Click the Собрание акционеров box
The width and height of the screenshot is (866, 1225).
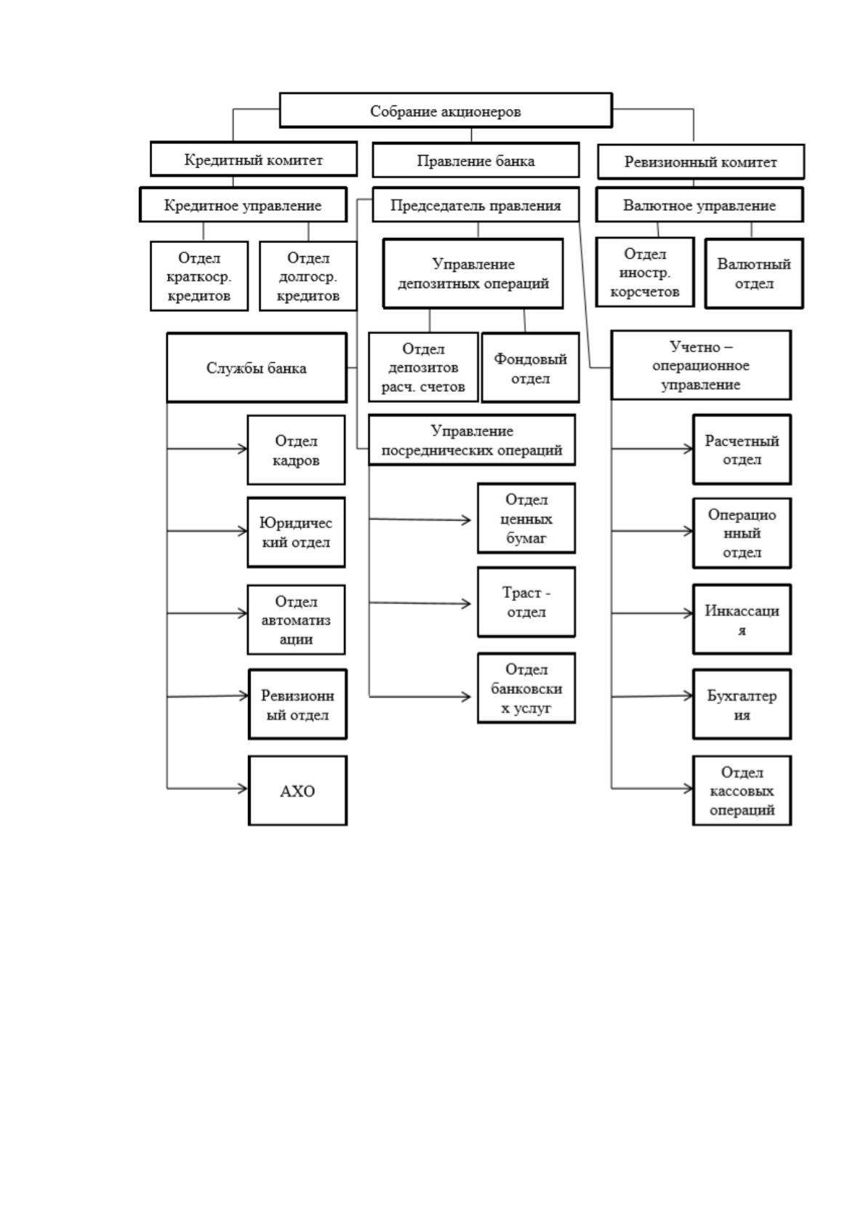[446, 111]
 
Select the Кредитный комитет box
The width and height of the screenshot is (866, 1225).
[254, 159]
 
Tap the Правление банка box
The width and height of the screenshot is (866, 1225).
[476, 160]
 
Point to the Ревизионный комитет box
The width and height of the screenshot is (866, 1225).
[701, 161]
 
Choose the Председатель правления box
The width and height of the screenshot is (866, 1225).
[476, 205]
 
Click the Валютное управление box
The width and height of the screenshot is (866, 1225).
[699, 205]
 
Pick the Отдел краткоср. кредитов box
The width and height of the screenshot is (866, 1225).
[199, 276]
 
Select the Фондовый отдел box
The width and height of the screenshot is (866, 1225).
[530, 368]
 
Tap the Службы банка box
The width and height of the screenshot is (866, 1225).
[257, 368]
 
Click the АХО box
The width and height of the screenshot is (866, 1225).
[297, 791]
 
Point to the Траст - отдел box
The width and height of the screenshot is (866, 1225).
[526, 602]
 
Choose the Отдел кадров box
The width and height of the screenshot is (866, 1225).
[297, 450]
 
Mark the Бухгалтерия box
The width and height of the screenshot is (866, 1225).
[742, 704]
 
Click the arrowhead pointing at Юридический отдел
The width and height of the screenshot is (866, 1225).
[242, 531]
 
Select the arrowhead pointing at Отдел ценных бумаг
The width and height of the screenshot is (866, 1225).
[466, 520]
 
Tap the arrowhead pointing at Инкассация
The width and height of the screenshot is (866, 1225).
[688, 614]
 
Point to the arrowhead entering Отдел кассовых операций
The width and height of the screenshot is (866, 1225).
[688, 789]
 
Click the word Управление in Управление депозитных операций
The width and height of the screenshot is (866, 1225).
[473, 264]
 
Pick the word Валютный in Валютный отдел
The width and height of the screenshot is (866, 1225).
[754, 264]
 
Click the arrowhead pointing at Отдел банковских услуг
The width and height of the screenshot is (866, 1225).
[466, 697]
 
